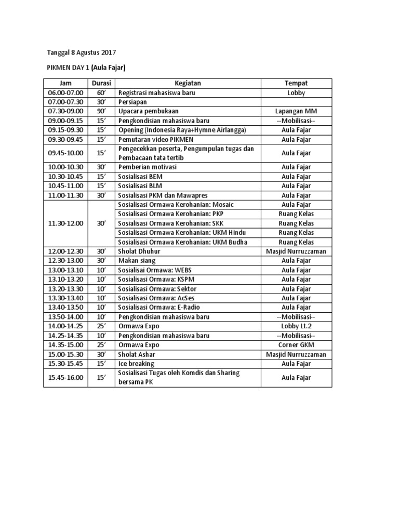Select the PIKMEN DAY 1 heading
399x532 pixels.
(86, 68)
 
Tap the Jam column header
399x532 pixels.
(65, 83)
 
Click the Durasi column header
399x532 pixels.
(101, 83)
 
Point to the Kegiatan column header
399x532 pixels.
(188, 83)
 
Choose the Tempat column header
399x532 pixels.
(296, 83)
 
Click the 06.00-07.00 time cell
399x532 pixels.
(65, 93)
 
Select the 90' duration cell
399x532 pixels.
(101, 111)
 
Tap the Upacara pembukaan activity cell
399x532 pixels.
(149, 111)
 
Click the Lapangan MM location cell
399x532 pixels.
(296, 111)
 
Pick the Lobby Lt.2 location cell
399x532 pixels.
(296, 326)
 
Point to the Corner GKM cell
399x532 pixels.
(296, 345)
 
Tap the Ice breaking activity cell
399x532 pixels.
(137, 364)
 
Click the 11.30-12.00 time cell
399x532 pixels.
(65, 223)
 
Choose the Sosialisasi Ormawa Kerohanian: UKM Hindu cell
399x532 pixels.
(182, 233)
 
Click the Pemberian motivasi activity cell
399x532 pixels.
(148, 167)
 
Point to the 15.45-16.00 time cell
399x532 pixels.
(65, 378)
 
